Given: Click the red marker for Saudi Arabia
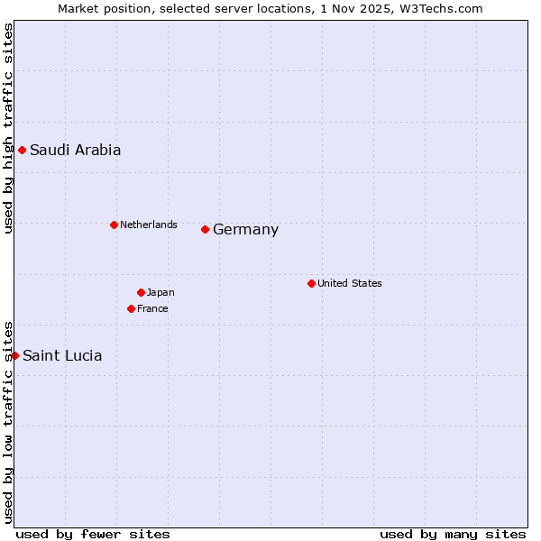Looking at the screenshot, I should point(22,150).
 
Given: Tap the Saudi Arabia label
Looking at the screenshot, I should point(75,151).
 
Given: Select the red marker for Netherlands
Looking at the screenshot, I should point(114,225).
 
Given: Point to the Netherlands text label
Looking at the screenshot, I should point(149,225).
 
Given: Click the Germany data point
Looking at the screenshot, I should point(205,229).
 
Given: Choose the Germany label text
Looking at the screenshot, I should point(245,230).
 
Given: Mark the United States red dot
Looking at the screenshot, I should point(311,283).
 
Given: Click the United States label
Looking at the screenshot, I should point(350,283).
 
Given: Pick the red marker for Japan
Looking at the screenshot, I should point(141,292).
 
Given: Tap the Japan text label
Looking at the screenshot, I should point(160,292).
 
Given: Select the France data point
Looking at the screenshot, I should point(131,308).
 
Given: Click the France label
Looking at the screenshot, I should point(152,308).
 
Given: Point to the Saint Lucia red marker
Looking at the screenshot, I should point(14,355).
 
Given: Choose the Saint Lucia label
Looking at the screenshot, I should point(62,356).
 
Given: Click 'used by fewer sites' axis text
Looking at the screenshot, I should point(93,534).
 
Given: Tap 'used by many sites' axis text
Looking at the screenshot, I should point(453,534).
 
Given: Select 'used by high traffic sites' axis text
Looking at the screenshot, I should point(8,128).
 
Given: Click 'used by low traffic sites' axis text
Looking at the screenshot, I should point(8,421).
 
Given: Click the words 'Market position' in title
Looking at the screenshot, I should point(98,8).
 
